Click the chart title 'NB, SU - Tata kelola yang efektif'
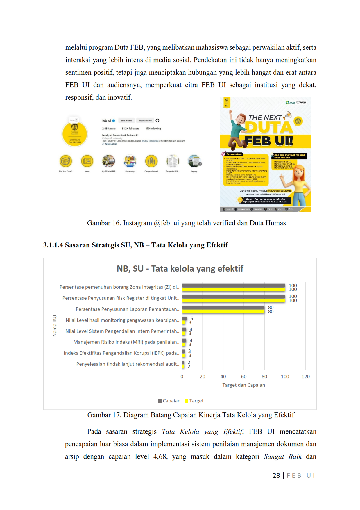(x=180, y=268)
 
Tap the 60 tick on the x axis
(x=243, y=377)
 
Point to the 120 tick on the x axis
(x=305, y=377)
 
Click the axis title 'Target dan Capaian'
(x=243, y=385)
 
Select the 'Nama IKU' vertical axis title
(x=55, y=326)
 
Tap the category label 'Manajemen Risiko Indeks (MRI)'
(x=127, y=342)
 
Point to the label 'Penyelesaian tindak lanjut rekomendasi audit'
(x=128, y=364)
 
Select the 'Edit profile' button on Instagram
(x=126, y=120)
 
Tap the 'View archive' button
(x=145, y=120)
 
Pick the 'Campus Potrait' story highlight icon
(x=151, y=161)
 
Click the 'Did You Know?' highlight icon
(x=66, y=161)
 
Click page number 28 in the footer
(x=276, y=475)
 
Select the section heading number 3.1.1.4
(x=53, y=245)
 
